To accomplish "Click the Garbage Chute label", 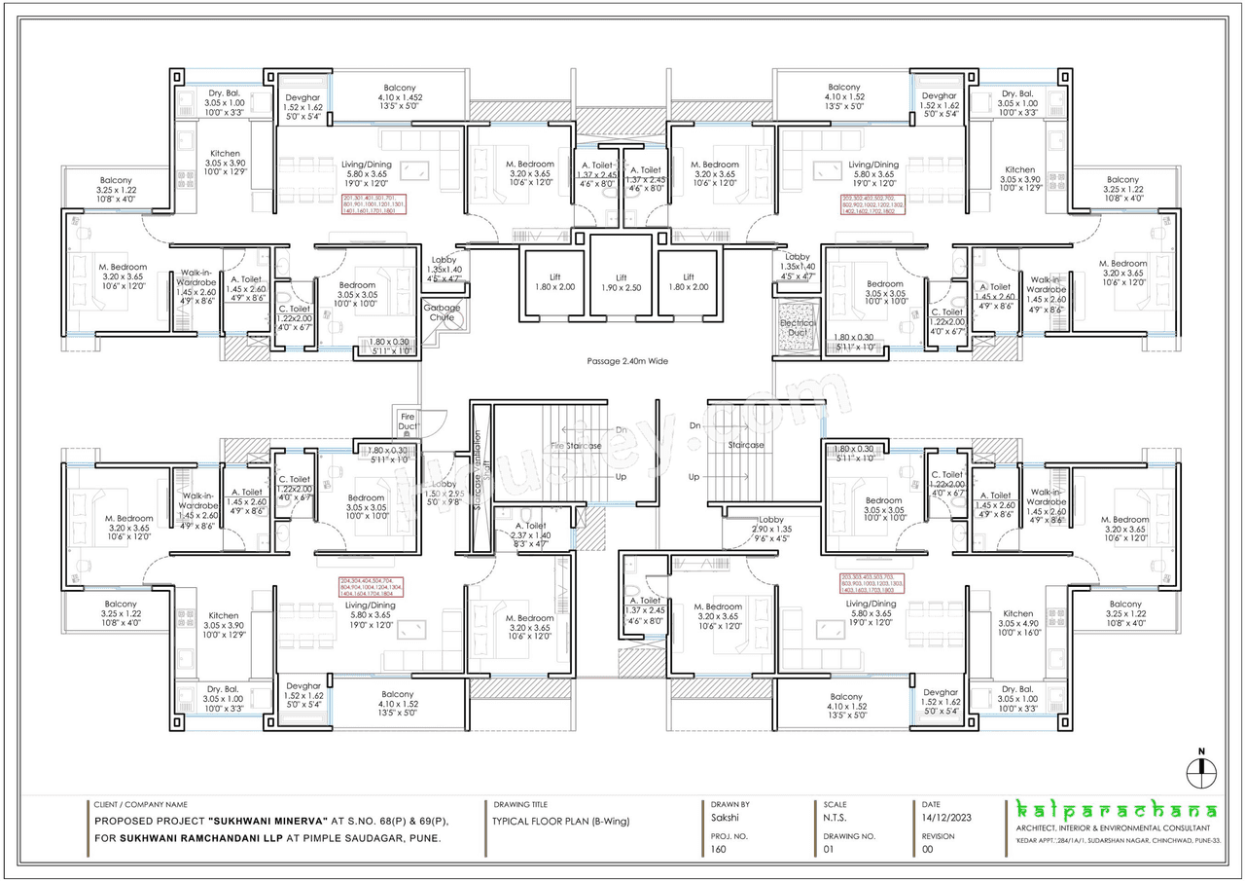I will point(441,312).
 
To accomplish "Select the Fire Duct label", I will point(408,422).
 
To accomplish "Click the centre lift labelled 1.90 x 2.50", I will point(621,282).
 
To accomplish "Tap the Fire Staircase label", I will point(576,446).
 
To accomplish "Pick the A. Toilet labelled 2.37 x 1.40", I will point(530,534).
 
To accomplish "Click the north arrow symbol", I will point(1202,770).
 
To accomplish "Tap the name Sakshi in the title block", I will point(724,821).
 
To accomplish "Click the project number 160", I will point(720,850).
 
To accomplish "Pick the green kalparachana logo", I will point(1116,811).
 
